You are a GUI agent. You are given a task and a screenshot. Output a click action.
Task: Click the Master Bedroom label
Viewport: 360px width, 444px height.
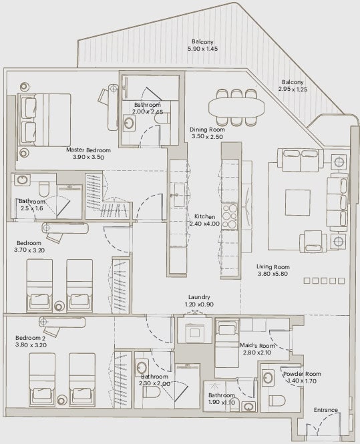(88, 150)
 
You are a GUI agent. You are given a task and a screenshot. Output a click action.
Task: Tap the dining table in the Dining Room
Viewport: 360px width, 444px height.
(236, 107)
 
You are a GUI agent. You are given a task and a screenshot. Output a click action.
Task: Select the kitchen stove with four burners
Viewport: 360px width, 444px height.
(230, 216)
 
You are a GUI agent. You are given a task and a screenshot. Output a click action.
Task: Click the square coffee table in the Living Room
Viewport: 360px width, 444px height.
(297, 203)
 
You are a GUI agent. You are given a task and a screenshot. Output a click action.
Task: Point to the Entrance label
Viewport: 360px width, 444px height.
(326, 410)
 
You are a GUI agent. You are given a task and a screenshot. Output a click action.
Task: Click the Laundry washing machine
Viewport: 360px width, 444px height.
(194, 330)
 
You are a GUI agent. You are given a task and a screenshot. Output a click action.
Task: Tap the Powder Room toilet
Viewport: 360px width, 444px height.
(277, 401)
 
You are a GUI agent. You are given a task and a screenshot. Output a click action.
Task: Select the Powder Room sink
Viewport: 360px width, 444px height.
(268, 377)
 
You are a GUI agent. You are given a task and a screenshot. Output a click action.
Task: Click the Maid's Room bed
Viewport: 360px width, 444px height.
(227, 343)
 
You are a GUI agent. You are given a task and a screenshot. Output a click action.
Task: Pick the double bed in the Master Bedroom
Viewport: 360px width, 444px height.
(44, 120)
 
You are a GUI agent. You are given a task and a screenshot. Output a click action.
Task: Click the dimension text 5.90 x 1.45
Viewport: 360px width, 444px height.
(202, 49)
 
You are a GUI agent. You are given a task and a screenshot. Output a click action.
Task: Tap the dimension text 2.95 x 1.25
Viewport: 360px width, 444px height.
(293, 89)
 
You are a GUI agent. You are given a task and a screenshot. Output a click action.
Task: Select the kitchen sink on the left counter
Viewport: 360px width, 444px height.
(179, 195)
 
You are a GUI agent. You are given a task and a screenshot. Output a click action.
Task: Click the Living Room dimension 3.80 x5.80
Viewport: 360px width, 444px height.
(273, 274)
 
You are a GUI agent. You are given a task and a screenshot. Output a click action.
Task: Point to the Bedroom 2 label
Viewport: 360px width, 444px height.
(30, 338)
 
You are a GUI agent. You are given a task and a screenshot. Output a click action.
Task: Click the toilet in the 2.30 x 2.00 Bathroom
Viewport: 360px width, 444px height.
(152, 392)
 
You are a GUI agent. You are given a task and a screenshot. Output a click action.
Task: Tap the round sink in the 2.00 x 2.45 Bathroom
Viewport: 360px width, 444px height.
(129, 123)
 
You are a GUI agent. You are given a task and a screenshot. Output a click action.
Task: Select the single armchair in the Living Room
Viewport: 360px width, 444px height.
(313, 240)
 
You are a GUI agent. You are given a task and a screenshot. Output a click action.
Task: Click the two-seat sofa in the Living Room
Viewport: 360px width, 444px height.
(301, 160)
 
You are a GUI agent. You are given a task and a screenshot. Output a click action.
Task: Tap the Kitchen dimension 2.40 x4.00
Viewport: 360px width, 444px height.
(204, 224)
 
